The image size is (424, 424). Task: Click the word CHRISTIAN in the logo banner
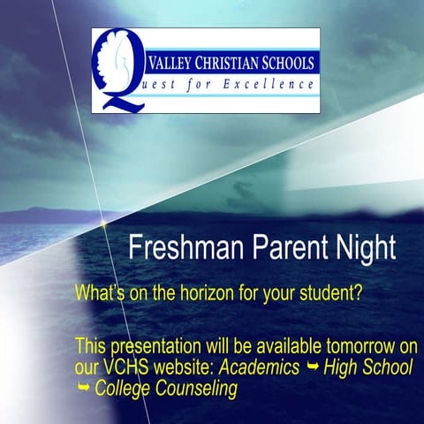231,63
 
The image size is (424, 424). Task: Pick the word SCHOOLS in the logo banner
288,63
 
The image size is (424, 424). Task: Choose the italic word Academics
261,367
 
